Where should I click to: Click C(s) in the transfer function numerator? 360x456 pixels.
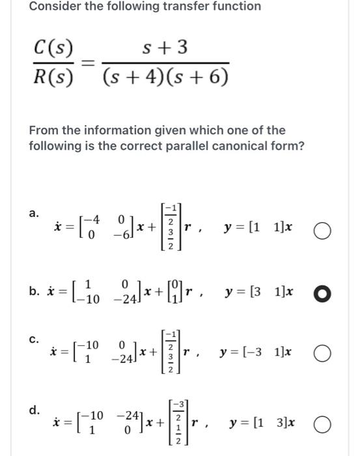53,47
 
